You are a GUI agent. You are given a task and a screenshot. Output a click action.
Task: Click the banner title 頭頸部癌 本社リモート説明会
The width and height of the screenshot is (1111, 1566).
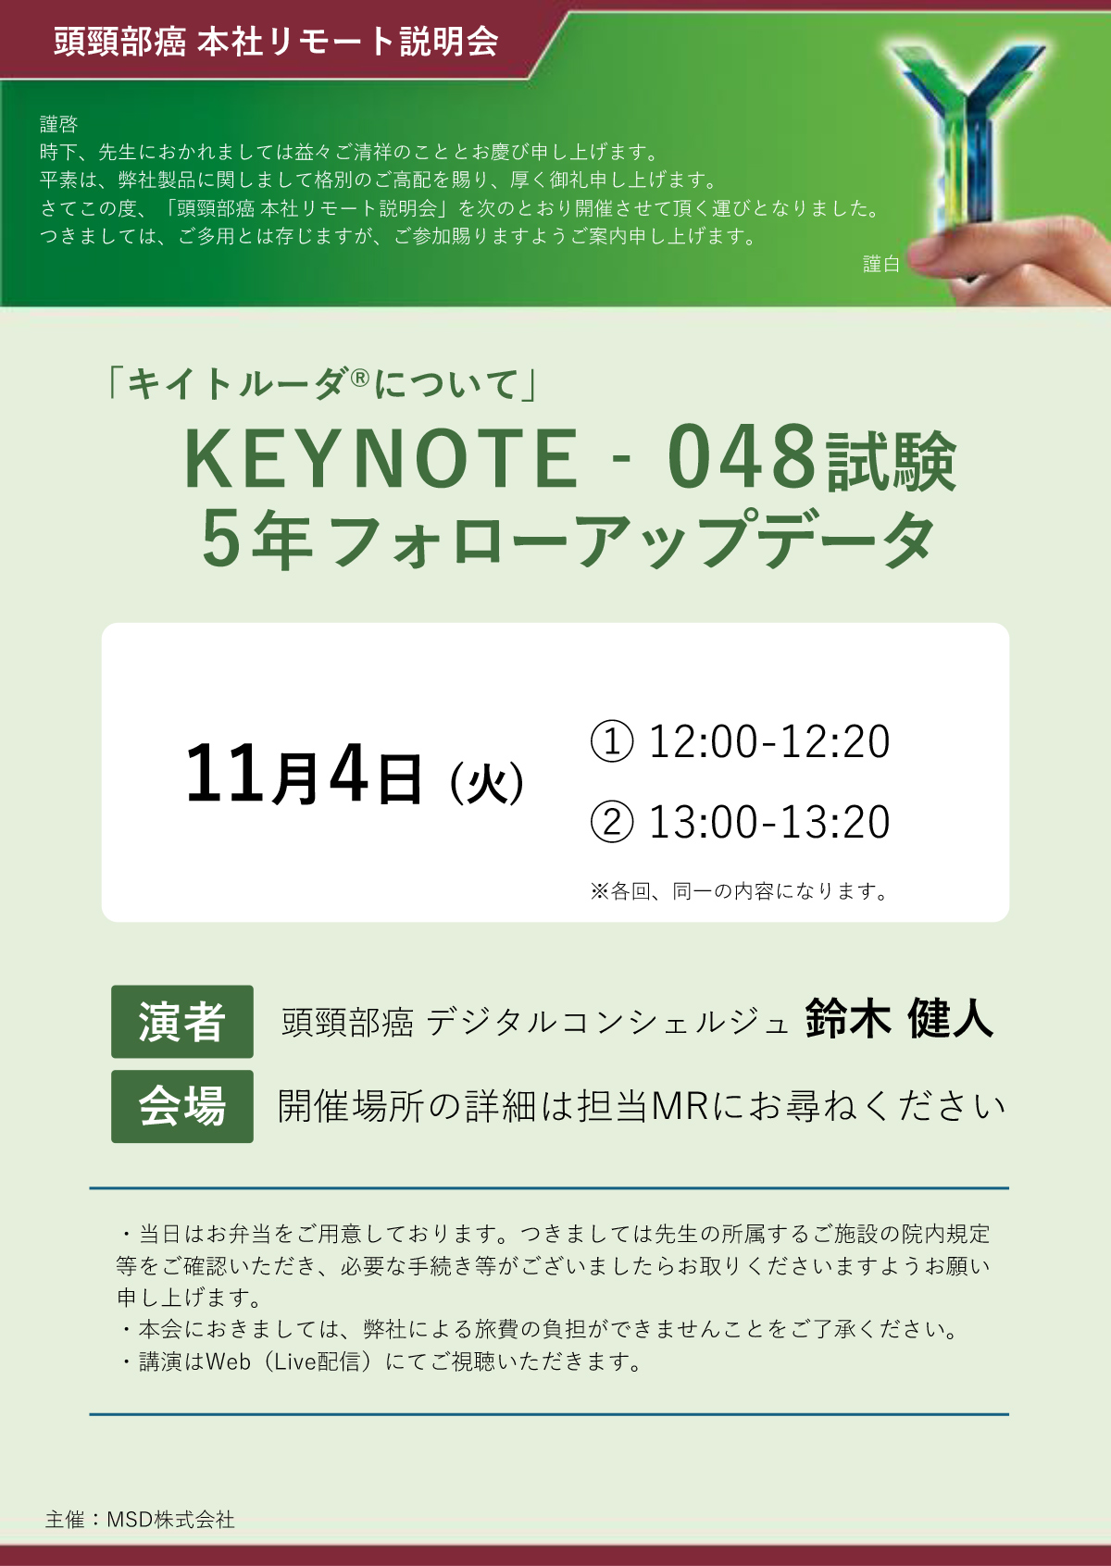pos(276,42)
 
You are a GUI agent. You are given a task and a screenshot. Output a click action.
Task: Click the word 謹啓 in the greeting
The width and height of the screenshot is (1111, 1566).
pos(58,124)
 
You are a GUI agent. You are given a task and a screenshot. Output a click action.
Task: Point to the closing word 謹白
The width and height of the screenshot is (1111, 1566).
pos(881,264)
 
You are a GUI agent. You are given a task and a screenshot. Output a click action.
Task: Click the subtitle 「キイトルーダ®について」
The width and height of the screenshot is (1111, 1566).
pos(321,384)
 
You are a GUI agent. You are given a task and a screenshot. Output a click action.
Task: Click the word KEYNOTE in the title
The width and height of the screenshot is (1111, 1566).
pos(381,459)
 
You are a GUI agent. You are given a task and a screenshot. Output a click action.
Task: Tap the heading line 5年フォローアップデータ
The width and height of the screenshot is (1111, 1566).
pos(568,540)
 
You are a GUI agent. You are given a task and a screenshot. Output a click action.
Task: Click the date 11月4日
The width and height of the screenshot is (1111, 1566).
pos(304,775)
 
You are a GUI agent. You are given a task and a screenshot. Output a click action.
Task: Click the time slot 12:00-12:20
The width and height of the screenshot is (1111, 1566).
pos(769,741)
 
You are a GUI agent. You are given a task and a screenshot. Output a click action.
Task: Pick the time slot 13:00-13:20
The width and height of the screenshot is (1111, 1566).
pos(769,822)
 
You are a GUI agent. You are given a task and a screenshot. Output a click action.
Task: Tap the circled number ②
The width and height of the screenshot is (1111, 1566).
pos(612,822)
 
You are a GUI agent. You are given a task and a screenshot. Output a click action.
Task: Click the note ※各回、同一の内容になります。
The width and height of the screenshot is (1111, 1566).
pos(739,891)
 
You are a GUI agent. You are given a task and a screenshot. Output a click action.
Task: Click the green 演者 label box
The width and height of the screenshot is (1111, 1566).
pos(181,1022)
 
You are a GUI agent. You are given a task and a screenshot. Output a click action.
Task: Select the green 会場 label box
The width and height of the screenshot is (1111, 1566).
pos(181,1107)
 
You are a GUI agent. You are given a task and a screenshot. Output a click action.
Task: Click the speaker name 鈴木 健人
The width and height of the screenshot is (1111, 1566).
pos(898,1019)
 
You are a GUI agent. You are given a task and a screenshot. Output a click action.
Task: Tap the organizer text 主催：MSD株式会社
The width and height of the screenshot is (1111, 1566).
pos(140,1520)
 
